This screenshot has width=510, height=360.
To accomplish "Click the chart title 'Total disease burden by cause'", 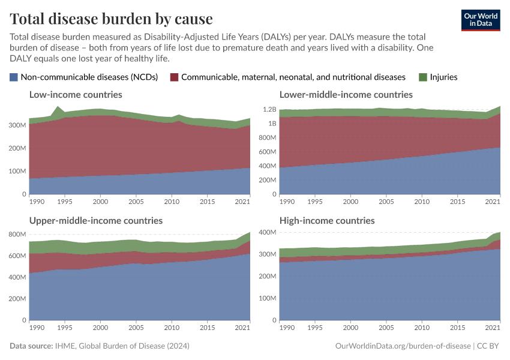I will pyautogui.click(x=111, y=19).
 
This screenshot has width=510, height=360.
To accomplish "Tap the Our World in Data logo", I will pyautogui.click(x=481, y=19).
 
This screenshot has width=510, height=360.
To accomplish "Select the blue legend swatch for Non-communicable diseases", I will pyautogui.click(x=14, y=77).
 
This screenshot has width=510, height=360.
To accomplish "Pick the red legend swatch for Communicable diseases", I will pyautogui.click(x=175, y=77).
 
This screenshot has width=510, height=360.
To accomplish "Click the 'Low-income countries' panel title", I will pyautogui.click(x=76, y=94).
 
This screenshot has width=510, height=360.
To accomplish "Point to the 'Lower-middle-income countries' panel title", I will pyautogui.click(x=346, y=94).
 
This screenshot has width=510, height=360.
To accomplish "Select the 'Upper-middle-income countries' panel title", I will pyautogui.click(x=96, y=220).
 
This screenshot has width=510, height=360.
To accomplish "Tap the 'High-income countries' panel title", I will pyautogui.click(x=327, y=220).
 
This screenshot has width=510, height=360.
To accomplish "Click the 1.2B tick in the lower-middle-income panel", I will pyautogui.click(x=269, y=110).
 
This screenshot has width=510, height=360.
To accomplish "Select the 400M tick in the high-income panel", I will pyautogui.click(x=268, y=232).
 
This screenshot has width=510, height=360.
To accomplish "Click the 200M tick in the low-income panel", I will pyautogui.click(x=18, y=148).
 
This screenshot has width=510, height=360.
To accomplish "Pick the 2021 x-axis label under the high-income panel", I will pyautogui.click(x=493, y=328).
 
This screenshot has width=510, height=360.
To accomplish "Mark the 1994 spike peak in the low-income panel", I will pyautogui.click(x=58, y=107).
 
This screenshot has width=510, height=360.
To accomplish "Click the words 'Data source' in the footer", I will pyautogui.click(x=30, y=346).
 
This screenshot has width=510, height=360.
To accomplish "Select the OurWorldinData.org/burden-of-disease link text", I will pyautogui.click(x=403, y=346).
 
